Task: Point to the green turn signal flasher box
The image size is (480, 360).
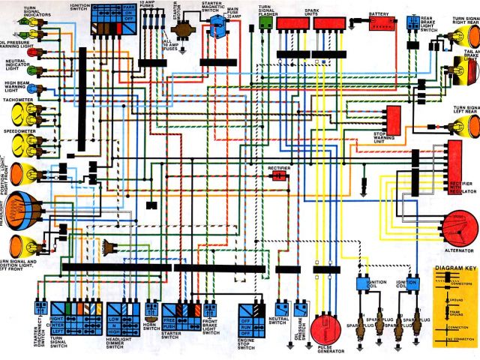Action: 265,22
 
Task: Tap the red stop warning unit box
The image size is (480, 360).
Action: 392,118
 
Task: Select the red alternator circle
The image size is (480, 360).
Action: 458,225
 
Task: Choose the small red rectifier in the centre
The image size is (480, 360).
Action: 280,176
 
